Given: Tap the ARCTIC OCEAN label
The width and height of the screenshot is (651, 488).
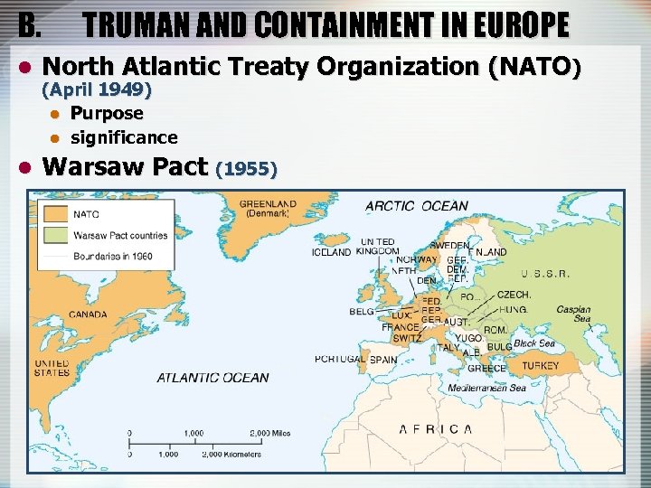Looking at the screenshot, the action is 417,207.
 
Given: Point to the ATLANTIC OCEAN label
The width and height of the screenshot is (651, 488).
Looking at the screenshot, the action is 212,378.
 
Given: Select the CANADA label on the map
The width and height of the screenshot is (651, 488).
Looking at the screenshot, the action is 87,314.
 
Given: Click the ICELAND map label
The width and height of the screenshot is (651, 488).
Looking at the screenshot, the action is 331,253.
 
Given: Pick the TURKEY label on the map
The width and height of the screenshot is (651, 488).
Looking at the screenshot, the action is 541,366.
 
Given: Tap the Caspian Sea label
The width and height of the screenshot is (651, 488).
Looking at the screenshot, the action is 573,314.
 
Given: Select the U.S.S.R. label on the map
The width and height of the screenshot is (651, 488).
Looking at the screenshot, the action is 545,273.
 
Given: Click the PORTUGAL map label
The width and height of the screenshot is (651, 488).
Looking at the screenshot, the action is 340,359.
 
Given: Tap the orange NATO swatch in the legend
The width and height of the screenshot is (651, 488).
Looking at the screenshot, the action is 58,214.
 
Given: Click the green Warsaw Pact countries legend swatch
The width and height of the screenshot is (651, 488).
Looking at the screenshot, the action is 58,235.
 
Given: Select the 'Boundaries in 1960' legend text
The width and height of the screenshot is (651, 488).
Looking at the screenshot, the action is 112,257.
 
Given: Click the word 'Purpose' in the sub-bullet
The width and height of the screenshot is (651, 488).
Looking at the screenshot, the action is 107,114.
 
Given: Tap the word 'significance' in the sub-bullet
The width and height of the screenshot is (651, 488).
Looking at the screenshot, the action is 124,137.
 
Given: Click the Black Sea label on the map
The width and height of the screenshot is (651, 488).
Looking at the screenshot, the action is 534,343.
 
